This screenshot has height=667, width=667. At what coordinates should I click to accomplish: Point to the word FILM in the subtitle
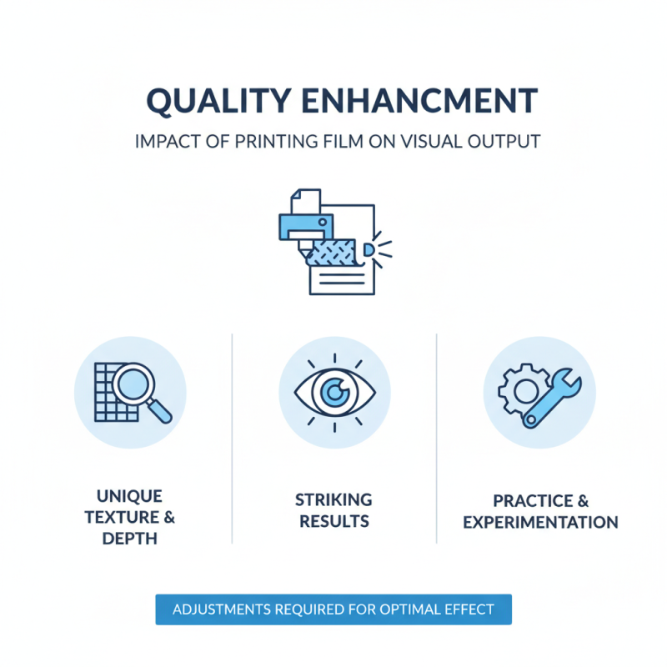point(335,141)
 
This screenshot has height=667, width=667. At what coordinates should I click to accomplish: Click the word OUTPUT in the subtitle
point(499,141)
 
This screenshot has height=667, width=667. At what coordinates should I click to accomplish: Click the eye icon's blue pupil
point(335,392)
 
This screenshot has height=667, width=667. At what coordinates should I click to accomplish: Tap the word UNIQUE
point(129,497)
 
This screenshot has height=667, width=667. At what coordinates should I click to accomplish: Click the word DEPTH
point(129,539)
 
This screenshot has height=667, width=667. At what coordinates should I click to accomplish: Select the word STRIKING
point(333,500)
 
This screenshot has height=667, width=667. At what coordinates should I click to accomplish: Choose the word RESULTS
point(333,522)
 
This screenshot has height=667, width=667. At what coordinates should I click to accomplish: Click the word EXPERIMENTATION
point(541,523)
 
